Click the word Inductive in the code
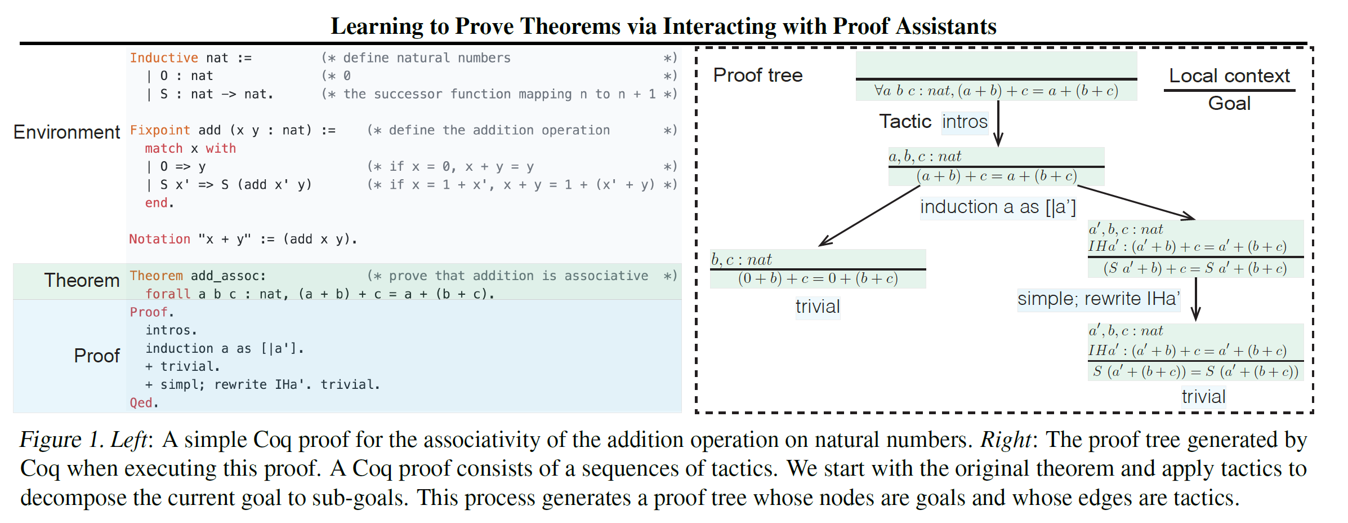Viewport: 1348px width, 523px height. coord(164,58)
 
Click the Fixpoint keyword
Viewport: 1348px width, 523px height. coord(160,130)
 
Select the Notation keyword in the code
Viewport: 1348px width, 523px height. coord(160,239)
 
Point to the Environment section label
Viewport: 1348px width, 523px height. coord(66,132)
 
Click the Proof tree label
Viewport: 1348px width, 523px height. coord(758,75)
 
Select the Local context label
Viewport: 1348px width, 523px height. coord(1229,76)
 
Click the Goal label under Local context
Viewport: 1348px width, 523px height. coord(1229,103)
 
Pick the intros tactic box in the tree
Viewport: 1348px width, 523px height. coord(965,122)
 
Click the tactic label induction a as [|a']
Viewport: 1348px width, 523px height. coord(998,207)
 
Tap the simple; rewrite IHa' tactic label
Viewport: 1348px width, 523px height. coord(1099,299)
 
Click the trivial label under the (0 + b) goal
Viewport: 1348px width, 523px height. coord(818,307)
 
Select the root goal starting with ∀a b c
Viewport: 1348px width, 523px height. coord(996,91)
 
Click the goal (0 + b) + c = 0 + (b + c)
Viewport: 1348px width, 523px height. coord(818,278)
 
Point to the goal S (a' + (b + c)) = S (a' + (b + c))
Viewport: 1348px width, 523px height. coord(1195,371)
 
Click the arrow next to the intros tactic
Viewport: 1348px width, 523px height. coord(998,123)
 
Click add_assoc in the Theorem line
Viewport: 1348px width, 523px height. coord(228,276)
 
